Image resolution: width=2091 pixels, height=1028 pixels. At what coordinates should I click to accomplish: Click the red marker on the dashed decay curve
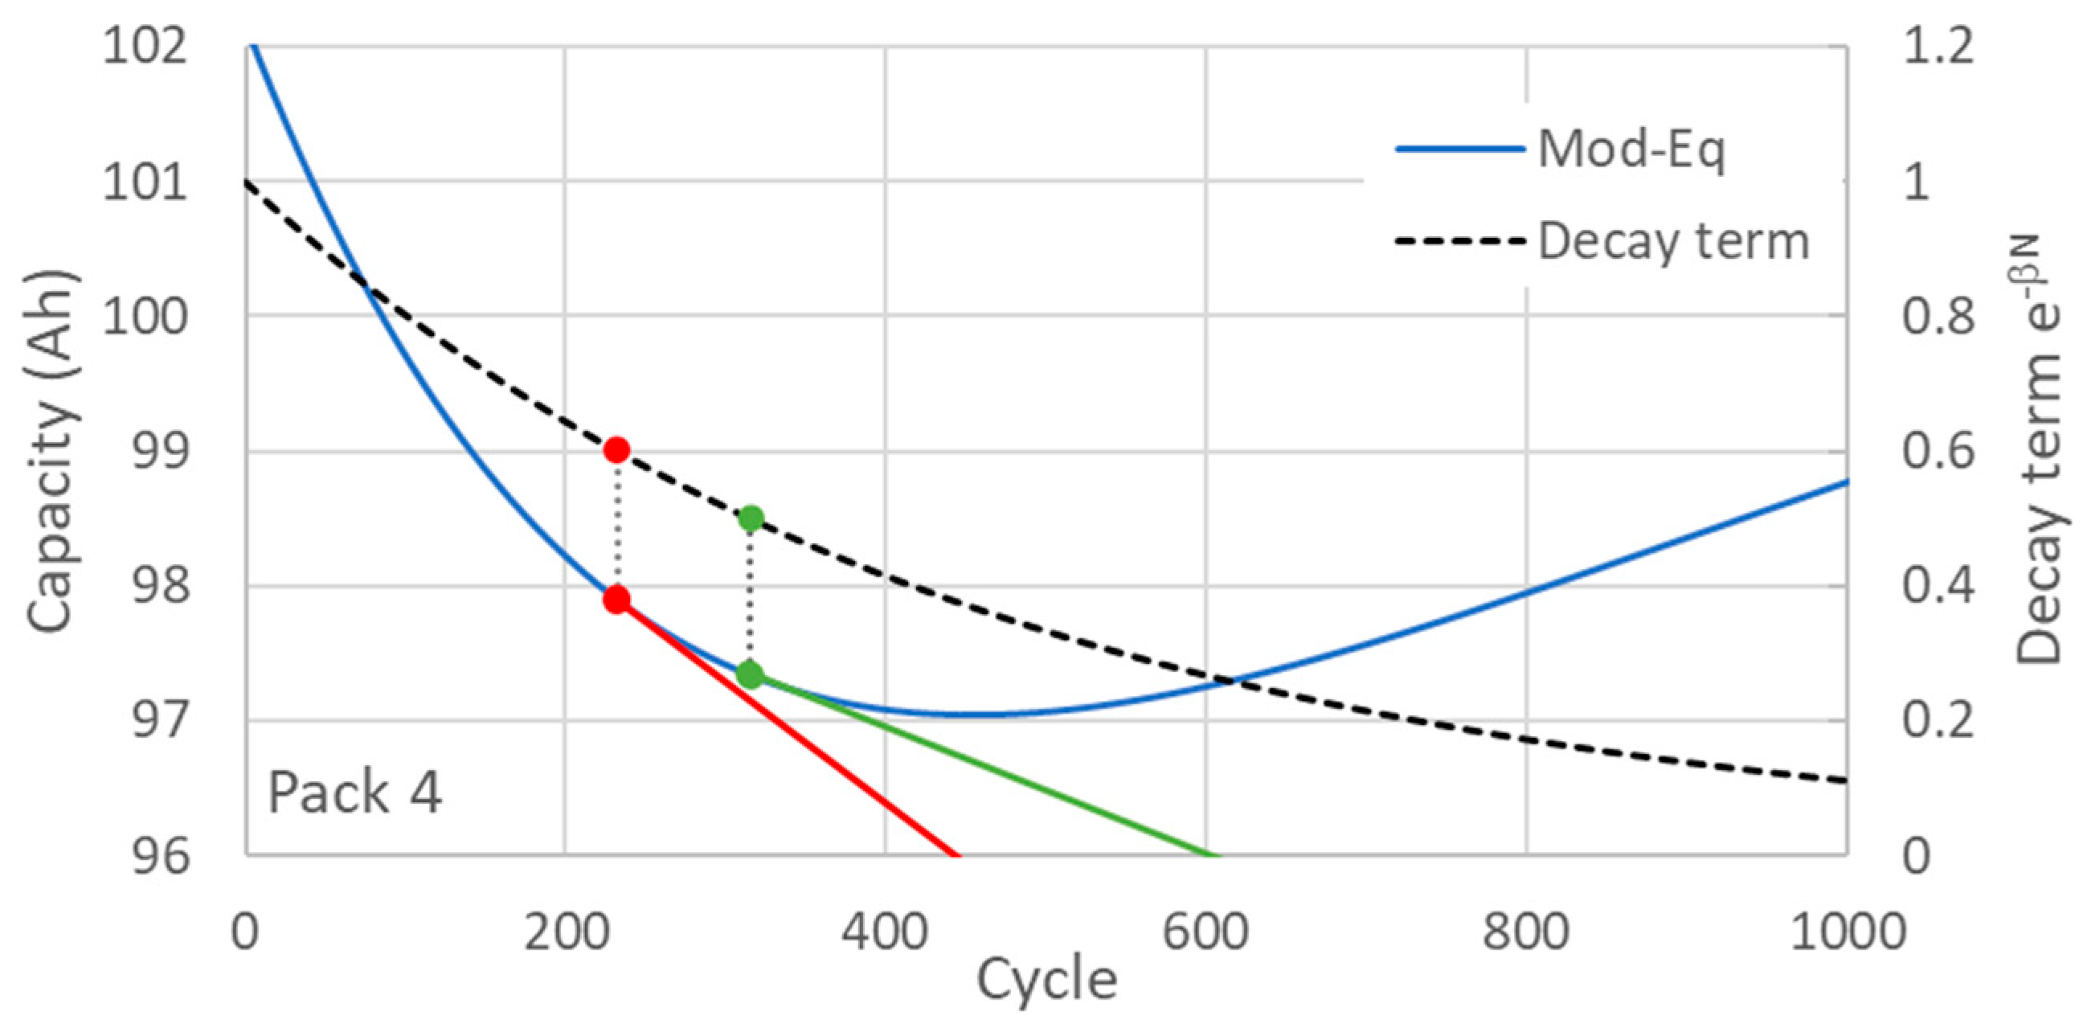pos(617,449)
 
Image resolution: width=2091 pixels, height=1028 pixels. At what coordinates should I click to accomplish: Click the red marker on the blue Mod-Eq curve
pos(617,600)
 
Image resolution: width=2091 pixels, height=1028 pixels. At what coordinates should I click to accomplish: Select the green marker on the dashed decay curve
pos(751,518)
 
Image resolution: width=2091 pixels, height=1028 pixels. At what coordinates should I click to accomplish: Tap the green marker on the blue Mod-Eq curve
pos(750,674)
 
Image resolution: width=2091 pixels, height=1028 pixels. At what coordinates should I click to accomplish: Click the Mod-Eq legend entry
pos(1558,150)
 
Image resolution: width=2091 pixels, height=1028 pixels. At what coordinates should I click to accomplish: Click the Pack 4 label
pos(354,793)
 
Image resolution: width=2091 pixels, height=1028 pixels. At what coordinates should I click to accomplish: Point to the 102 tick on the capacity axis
pos(144,47)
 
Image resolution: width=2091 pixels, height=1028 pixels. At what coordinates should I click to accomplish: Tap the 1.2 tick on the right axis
pos(1938,47)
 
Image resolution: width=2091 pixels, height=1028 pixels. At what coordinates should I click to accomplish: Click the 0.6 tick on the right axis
pos(1938,452)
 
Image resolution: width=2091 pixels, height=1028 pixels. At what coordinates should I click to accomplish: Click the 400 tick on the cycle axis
pos(885,932)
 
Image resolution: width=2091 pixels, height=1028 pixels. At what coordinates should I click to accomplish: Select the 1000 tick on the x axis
pos(1848,932)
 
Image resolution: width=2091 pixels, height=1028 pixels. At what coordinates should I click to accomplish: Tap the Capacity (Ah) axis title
pos(52,451)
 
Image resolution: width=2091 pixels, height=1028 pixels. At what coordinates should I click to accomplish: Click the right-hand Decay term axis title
pos(2039,451)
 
